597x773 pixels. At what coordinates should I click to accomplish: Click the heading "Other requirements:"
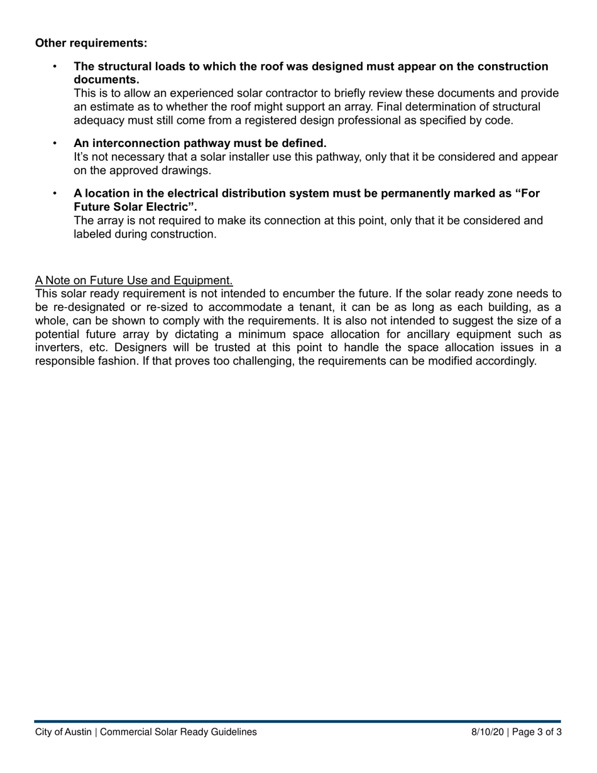(91, 43)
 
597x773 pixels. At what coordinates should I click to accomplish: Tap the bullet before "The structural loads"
(55, 67)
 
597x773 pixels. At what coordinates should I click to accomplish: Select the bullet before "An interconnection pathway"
(55, 143)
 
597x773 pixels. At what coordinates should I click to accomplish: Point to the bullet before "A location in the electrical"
(55, 194)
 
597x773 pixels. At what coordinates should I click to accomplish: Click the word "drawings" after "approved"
(189, 170)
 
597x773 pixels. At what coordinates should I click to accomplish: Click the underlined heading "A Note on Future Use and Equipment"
(134, 280)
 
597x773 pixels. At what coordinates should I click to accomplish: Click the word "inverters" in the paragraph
(57, 348)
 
